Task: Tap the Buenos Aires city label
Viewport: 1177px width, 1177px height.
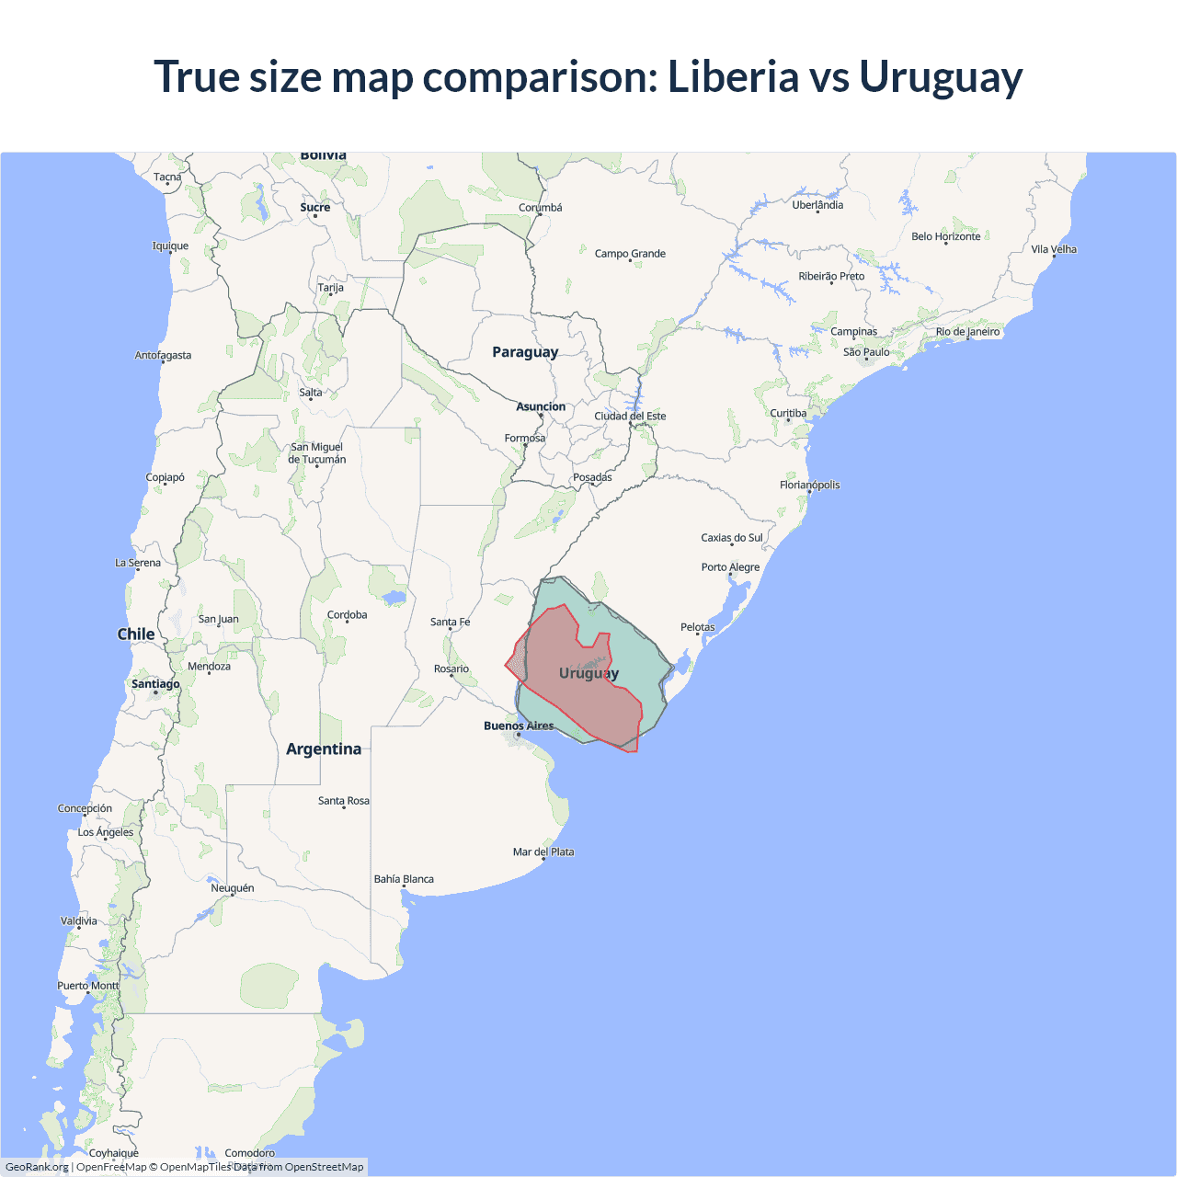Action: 519,726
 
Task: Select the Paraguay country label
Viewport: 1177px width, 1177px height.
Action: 525,352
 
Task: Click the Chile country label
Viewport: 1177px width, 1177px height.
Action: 136,634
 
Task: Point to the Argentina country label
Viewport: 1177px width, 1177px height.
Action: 324,748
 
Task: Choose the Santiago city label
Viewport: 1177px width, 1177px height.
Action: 155,684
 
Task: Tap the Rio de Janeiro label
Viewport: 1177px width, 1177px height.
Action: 967,332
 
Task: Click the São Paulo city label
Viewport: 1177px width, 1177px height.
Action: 866,352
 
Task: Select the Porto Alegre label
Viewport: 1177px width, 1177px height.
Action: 730,567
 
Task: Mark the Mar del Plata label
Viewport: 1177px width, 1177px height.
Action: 543,851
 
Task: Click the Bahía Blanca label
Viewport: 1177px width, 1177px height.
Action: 404,879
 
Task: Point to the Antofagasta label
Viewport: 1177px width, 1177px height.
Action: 164,355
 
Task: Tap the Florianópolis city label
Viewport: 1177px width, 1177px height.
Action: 809,485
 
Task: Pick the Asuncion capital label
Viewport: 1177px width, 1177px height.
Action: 541,406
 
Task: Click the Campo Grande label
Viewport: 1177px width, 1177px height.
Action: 630,254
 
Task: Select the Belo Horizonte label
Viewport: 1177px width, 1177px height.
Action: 945,236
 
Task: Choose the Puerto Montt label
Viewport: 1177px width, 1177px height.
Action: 88,986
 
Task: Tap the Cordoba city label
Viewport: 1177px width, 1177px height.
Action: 347,615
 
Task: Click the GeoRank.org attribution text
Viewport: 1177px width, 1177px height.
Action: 37,1167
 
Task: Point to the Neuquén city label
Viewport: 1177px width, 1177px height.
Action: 233,888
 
